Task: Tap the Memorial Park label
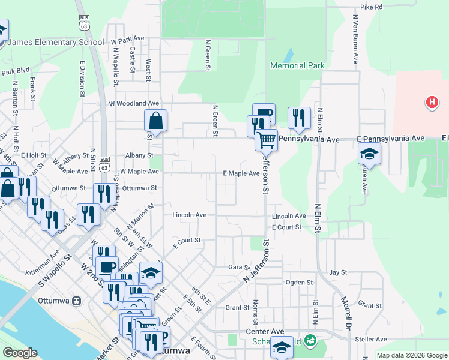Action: click(297, 65)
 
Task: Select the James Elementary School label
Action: click(57, 43)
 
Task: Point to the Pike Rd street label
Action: click(372, 7)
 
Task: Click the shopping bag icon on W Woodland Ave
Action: click(155, 120)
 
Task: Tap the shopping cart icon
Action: click(266, 140)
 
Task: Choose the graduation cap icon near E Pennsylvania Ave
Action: click(370, 153)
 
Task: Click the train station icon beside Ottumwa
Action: click(76, 301)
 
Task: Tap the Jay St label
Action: click(338, 272)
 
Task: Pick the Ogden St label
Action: click(300, 282)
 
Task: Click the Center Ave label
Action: click(265, 331)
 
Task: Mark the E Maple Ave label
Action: click(241, 173)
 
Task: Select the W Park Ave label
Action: click(128, 38)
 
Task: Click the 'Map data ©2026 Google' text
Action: click(411, 355)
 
